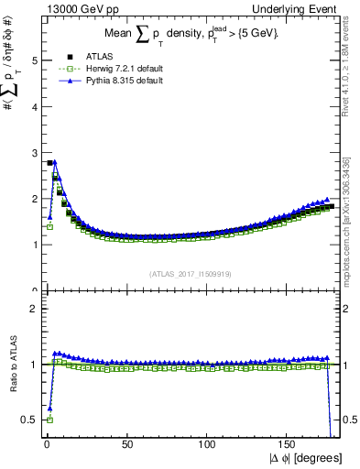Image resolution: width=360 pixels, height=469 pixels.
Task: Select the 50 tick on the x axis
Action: point(126,446)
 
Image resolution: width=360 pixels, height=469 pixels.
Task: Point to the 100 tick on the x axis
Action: point(208,446)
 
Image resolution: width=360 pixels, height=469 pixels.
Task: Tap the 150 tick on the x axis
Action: point(289,446)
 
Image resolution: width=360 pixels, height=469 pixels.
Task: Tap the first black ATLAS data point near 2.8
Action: point(49,163)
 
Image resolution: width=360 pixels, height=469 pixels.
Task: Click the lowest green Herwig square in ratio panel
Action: point(49,420)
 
